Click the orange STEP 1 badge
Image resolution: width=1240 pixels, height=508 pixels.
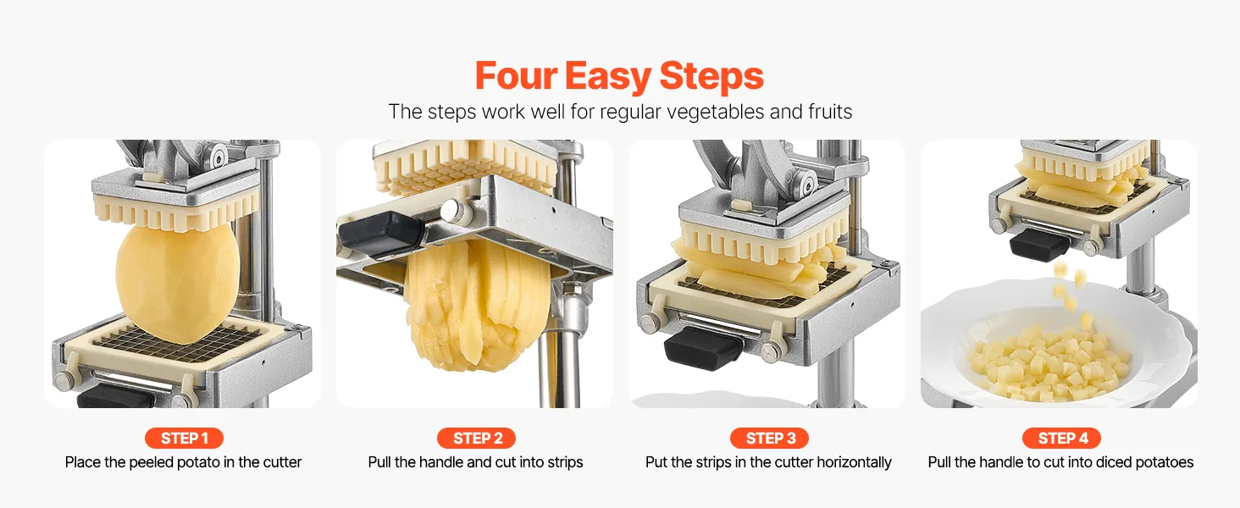pos(184,439)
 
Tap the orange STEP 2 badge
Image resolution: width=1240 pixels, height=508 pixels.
pos(476,439)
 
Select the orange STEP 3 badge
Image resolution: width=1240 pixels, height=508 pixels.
pos(769,439)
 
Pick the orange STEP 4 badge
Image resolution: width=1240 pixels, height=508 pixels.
pos(1061,439)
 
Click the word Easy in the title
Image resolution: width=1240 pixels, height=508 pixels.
pos(607,76)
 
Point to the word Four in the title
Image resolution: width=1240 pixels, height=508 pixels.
pos(516,75)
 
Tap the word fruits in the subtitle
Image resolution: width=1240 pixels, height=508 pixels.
pos(830,111)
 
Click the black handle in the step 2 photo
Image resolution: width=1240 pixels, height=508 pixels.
pos(380,233)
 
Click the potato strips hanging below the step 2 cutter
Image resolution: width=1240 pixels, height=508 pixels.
pos(478,304)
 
